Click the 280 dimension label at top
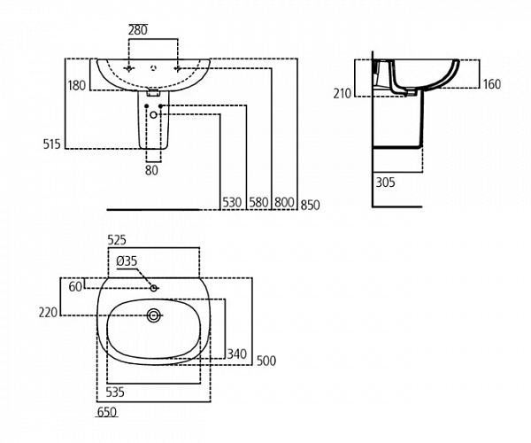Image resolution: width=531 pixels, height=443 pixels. [x=138, y=29]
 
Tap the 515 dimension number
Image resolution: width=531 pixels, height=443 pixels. [x=51, y=144]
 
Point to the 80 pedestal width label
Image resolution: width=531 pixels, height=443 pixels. [x=151, y=171]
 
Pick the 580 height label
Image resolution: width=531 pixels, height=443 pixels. [x=258, y=203]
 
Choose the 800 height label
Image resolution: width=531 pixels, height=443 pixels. [x=284, y=203]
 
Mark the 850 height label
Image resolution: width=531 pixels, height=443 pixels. [x=310, y=205]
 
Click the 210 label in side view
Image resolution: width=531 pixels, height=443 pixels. [x=342, y=93]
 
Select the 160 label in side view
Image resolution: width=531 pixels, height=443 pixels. [x=492, y=85]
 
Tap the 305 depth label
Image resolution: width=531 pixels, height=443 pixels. [x=385, y=183]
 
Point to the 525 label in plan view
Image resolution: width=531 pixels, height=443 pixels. [x=118, y=240]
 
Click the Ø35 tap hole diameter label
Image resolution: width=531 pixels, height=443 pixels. [x=127, y=260]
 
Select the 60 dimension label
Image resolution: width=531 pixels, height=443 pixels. [x=76, y=286]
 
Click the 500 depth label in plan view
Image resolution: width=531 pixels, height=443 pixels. [x=265, y=360]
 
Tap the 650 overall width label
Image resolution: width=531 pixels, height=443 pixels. [x=106, y=412]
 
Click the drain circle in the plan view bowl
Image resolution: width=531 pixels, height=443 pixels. [x=156, y=314]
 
